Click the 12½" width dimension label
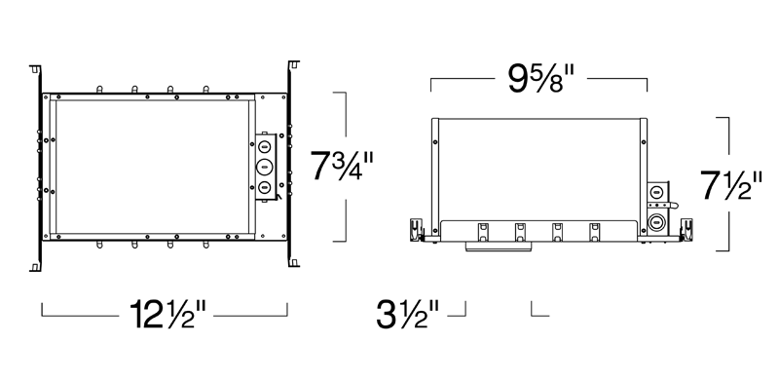click(x=167, y=315)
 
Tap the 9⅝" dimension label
click(x=540, y=78)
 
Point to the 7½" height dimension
click(x=731, y=184)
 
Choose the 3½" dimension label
click(x=407, y=314)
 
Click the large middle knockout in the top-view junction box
click(x=265, y=167)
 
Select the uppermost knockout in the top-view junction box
click(x=265, y=147)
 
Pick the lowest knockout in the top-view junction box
click(x=265, y=187)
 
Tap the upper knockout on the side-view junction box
click(x=656, y=190)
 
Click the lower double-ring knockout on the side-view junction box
click(x=656, y=221)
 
